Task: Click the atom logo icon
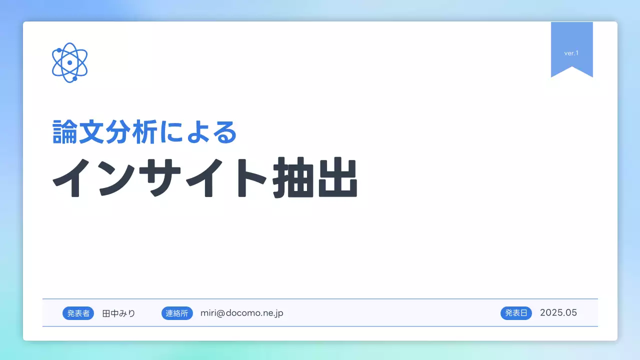70,62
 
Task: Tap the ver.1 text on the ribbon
571,53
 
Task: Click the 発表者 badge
78,313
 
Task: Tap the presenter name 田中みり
118,313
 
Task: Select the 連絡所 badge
177,313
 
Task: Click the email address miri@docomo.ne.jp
242,313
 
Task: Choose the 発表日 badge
516,313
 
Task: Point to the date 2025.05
558,313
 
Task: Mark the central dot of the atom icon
70,62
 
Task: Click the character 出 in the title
337,178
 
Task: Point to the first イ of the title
75,178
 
